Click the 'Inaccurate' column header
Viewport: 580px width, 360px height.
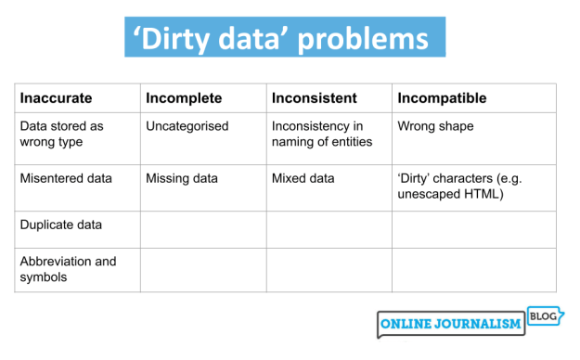pyautogui.click(x=57, y=97)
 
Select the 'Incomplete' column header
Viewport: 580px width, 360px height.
pyautogui.click(x=184, y=97)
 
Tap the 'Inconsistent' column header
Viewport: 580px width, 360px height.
pyautogui.click(x=313, y=97)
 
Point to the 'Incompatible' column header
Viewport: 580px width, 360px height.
pyautogui.click(x=442, y=97)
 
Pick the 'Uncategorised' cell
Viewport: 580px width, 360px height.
pyautogui.click(x=187, y=126)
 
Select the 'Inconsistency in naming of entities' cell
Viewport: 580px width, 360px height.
pyautogui.click(x=321, y=134)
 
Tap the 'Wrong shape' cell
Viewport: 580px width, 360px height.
pyautogui.click(x=435, y=126)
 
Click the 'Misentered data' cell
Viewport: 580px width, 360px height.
pyautogui.click(x=66, y=178)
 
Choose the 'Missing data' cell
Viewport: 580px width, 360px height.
pyautogui.click(x=181, y=178)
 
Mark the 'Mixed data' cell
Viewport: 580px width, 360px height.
pyautogui.click(x=303, y=178)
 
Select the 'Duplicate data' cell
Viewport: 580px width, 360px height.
pyautogui.click(x=61, y=225)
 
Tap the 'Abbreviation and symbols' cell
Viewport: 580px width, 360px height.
pyautogui.click(x=68, y=268)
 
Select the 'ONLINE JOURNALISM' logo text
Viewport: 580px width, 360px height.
pyautogui.click(x=450, y=326)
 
